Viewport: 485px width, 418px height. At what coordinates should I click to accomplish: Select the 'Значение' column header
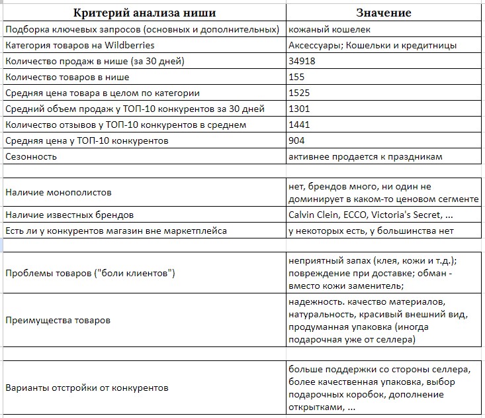384,12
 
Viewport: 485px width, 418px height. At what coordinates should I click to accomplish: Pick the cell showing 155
296,77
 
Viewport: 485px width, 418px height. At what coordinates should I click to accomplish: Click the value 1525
299,93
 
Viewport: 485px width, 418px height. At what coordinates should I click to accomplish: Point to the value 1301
299,109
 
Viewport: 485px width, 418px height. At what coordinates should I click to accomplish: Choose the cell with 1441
299,125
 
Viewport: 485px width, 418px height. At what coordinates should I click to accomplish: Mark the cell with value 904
296,140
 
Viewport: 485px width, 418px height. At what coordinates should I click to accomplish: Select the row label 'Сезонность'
30,157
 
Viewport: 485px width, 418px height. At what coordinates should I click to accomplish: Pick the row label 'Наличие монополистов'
58,192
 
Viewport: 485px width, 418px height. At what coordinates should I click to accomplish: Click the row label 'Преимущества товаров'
58,320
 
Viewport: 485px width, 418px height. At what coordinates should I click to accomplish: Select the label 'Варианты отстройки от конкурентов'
87,388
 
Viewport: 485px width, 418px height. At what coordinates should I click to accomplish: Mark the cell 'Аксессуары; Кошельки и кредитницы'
373,46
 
